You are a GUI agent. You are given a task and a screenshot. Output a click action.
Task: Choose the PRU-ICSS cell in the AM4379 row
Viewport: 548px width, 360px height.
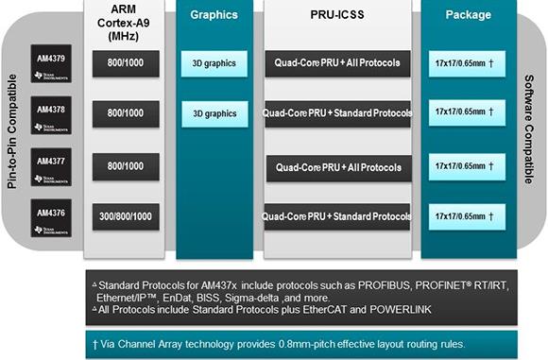[337, 63]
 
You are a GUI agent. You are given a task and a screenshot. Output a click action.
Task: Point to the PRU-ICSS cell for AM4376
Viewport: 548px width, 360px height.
[337, 216]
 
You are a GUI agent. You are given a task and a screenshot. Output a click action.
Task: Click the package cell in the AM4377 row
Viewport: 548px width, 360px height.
[464, 166]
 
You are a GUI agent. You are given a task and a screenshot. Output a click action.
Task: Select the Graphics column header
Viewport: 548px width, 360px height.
[214, 15]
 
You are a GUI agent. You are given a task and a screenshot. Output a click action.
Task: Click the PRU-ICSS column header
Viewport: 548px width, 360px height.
[337, 15]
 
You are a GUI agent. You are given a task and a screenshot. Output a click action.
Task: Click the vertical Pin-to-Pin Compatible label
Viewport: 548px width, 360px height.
[14, 132]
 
